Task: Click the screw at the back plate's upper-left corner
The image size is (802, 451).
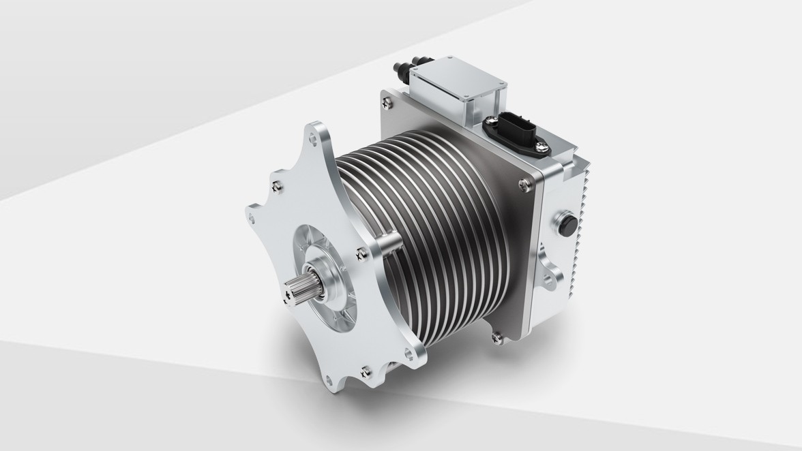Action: point(388,104)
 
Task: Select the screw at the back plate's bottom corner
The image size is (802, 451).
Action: point(496,335)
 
